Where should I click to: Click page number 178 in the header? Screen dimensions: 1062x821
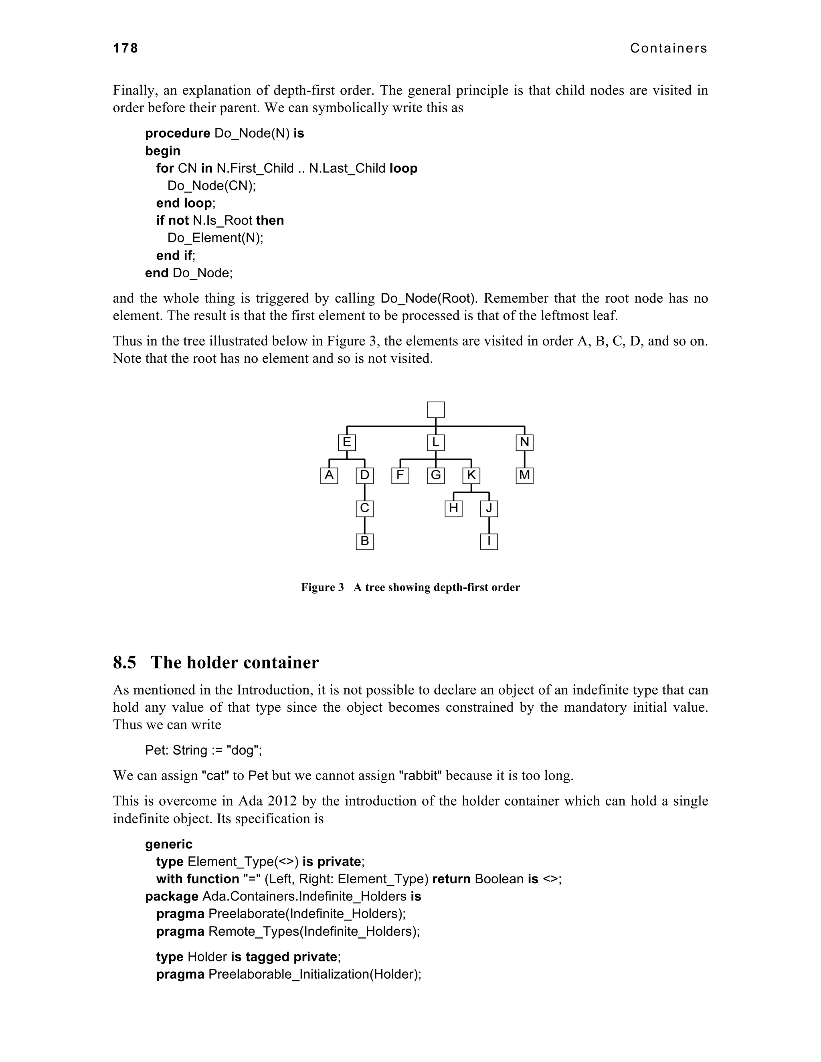click(x=125, y=48)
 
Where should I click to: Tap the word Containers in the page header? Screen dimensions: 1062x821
click(x=668, y=48)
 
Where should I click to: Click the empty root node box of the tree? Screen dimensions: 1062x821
click(x=435, y=410)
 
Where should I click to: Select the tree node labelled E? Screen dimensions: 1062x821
click(x=347, y=442)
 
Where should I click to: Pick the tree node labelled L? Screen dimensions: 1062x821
click(x=435, y=442)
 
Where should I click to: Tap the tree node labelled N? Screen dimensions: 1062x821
click(x=524, y=442)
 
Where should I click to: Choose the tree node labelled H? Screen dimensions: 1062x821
click(x=453, y=509)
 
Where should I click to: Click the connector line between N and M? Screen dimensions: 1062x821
click(x=524, y=459)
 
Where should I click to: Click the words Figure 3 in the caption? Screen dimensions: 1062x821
click(x=322, y=588)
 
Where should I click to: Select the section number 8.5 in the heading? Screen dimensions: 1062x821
click(x=125, y=663)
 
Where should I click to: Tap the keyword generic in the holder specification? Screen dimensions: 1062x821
click(x=168, y=844)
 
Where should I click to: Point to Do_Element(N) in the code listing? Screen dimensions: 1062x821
click(x=214, y=238)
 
